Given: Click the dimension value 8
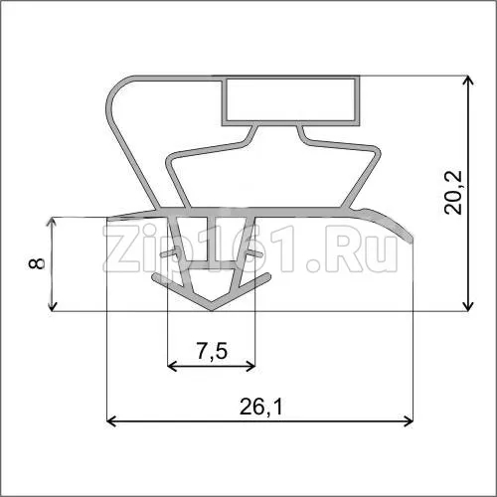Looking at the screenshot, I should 36,263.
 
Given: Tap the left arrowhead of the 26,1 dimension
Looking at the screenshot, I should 110,421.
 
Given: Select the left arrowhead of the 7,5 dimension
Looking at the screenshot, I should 173,366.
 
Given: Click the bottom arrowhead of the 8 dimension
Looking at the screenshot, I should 52,306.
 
